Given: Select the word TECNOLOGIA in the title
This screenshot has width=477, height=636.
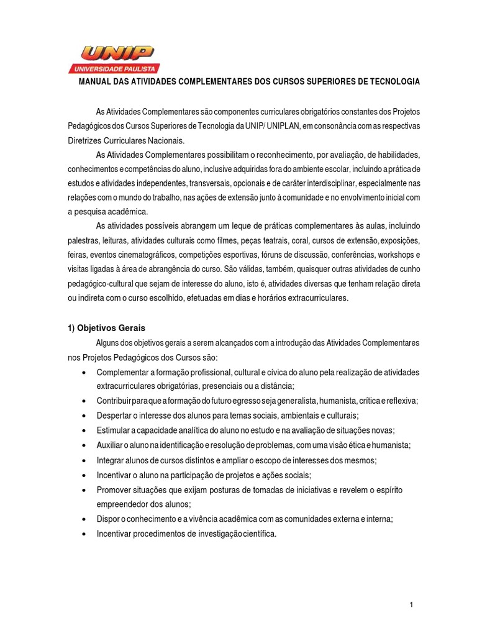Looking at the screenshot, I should point(393,82).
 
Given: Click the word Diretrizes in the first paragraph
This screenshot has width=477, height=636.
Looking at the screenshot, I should point(84,140).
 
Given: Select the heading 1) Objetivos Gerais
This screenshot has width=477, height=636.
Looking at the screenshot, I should point(106,328).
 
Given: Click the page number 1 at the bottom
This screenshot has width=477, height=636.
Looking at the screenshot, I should point(411,605).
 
